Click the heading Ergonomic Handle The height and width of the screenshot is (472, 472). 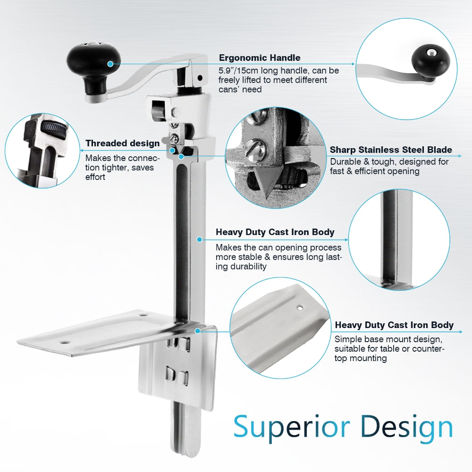click(x=259, y=58)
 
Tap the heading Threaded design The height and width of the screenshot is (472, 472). click(x=122, y=143)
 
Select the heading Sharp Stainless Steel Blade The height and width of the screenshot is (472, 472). click(x=391, y=150)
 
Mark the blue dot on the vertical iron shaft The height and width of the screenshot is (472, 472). click(x=199, y=240)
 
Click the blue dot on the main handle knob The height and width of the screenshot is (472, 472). click(x=110, y=63)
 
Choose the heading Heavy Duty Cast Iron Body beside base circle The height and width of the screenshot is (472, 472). click(x=394, y=325)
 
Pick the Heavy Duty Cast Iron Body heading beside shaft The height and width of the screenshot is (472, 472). click(x=275, y=232)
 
